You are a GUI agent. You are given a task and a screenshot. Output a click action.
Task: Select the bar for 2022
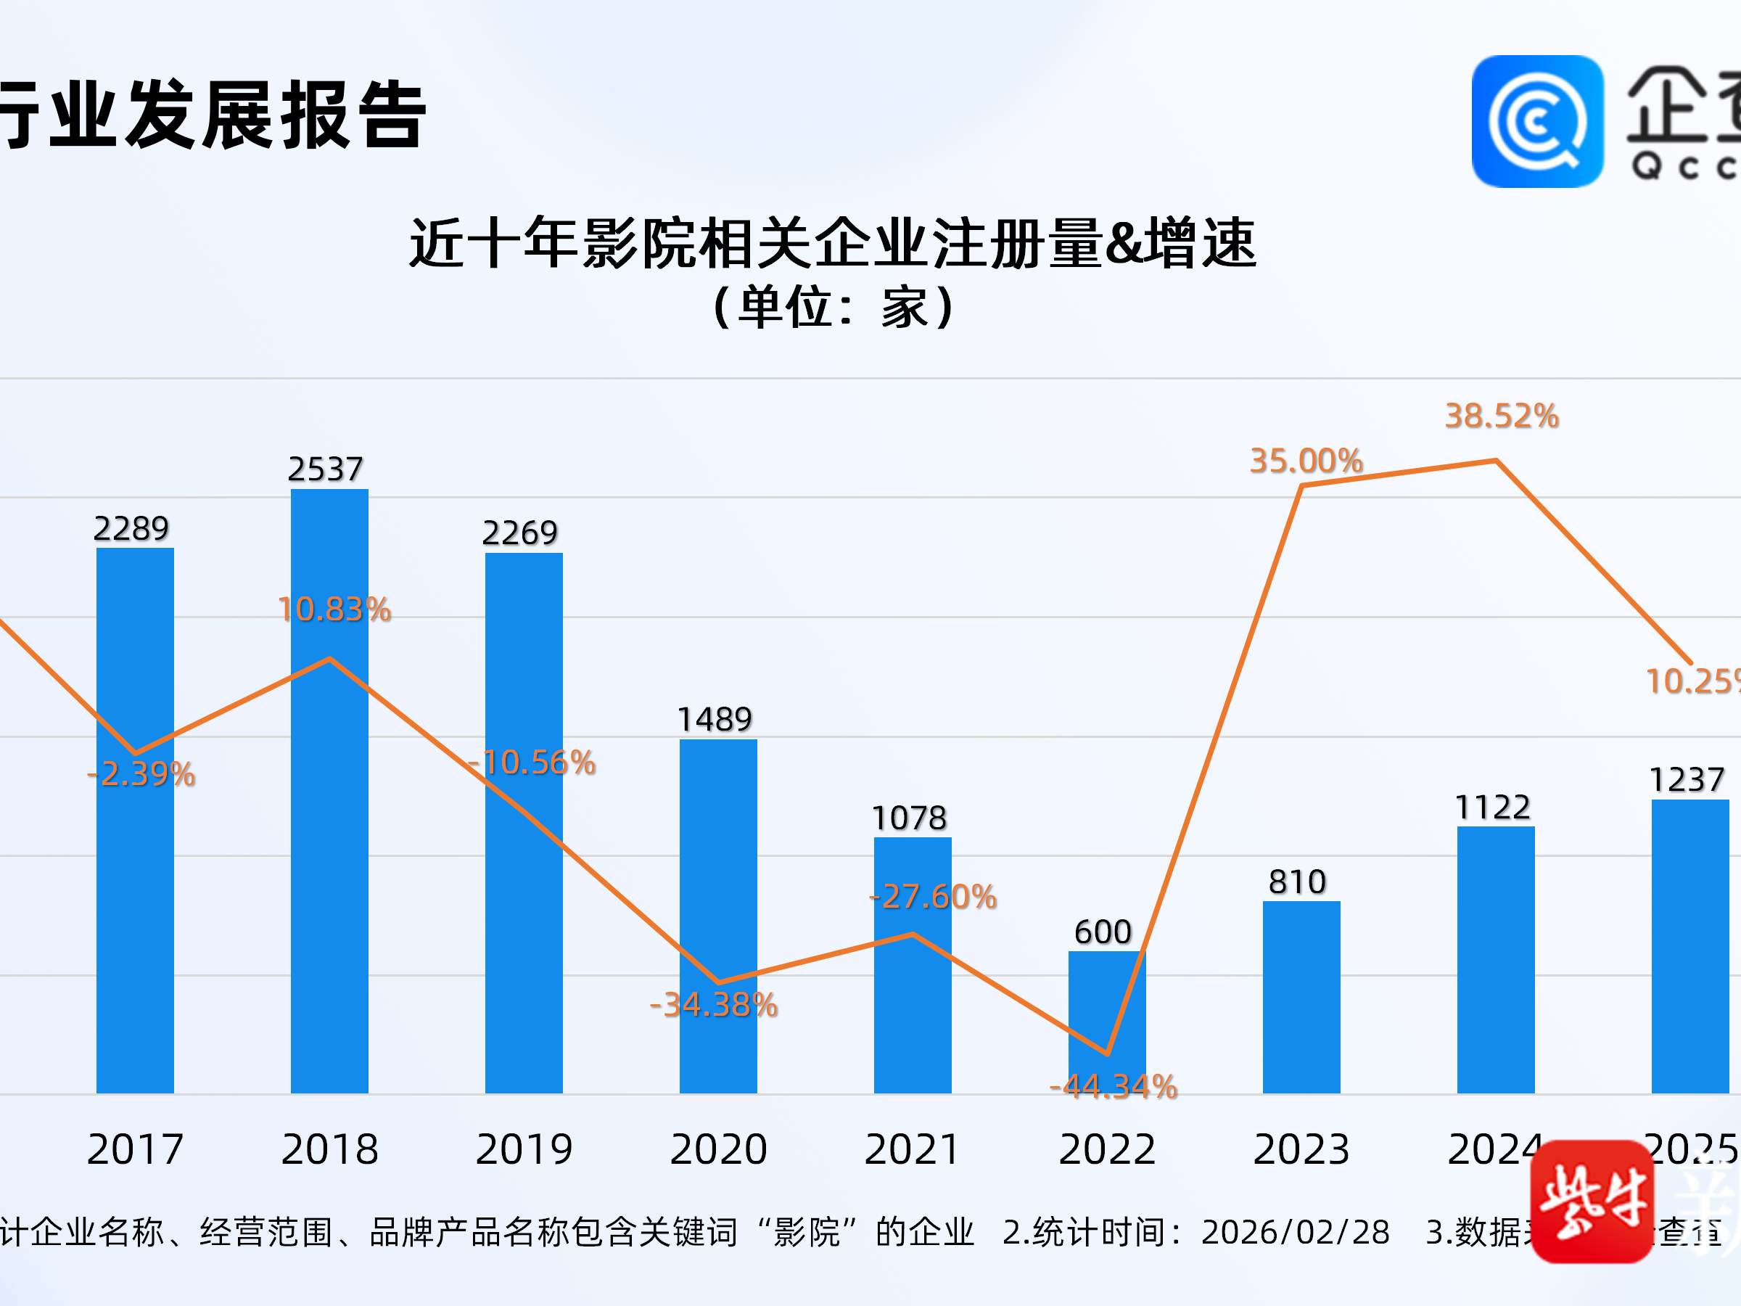(1106, 1023)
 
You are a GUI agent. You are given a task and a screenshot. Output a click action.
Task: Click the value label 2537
(325, 469)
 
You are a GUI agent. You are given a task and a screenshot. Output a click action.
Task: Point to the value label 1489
(715, 719)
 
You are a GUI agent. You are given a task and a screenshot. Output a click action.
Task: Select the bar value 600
(1103, 932)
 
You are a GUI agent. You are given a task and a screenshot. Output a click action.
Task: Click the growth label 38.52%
(1502, 416)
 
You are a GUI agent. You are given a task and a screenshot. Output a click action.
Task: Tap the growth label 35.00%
(1306, 461)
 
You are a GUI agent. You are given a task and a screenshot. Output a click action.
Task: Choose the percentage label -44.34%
(1114, 1087)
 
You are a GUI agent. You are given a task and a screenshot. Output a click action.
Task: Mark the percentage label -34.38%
(714, 1004)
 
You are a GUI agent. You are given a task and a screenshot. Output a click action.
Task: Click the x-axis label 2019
(524, 1149)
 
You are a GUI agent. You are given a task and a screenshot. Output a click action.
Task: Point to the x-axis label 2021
(913, 1149)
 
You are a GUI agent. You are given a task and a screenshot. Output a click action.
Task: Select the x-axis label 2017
(136, 1149)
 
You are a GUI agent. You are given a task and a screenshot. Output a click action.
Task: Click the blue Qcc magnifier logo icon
(1537, 121)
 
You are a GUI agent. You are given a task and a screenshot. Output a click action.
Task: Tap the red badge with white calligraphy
(1592, 1202)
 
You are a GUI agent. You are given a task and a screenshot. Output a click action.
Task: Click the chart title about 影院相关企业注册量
(832, 242)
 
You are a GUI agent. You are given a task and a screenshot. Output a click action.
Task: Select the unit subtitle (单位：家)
(832, 307)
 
